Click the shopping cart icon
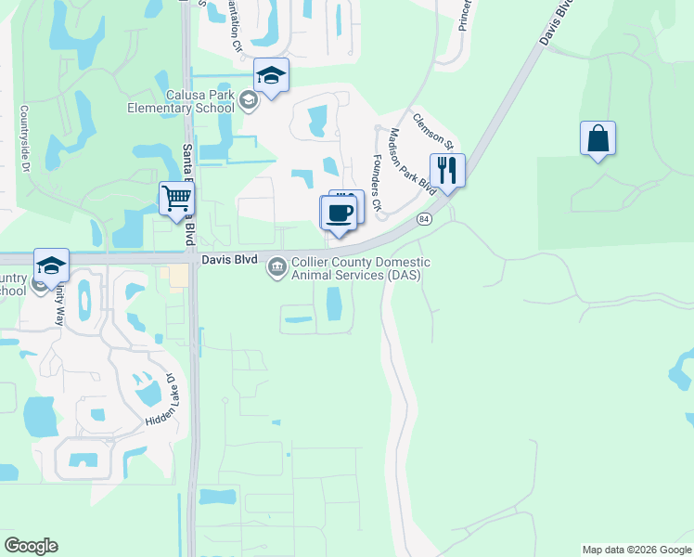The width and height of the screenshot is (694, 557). coord(175,198)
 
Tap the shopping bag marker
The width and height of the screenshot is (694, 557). coord(598,139)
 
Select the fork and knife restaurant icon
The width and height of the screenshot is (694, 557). coord(447,171)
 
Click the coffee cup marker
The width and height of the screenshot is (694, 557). coord(340,212)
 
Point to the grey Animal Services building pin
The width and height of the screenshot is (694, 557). coord(276,268)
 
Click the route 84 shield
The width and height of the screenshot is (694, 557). coord(424,218)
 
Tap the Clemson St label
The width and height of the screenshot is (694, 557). coord(432,132)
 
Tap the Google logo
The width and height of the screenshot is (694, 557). coord(31,546)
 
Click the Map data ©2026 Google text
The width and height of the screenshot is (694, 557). coord(636,550)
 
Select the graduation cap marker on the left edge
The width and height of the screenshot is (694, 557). coord(51,266)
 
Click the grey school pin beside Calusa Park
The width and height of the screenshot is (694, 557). coord(248,100)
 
